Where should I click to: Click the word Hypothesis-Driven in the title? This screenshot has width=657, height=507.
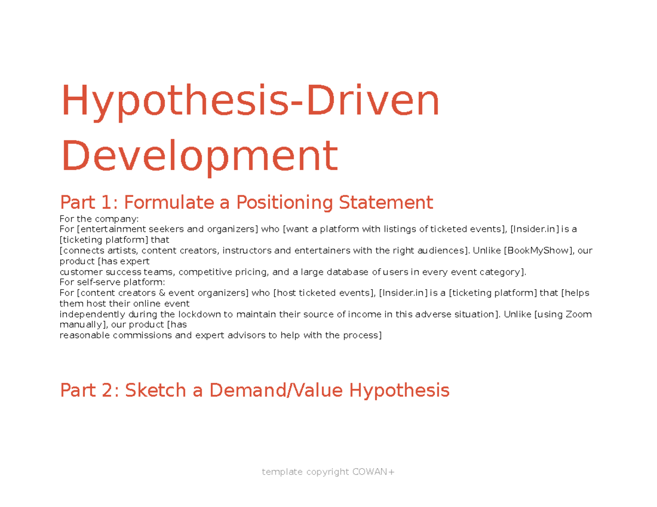[x=250, y=102]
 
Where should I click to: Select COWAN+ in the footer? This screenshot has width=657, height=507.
[x=373, y=472]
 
